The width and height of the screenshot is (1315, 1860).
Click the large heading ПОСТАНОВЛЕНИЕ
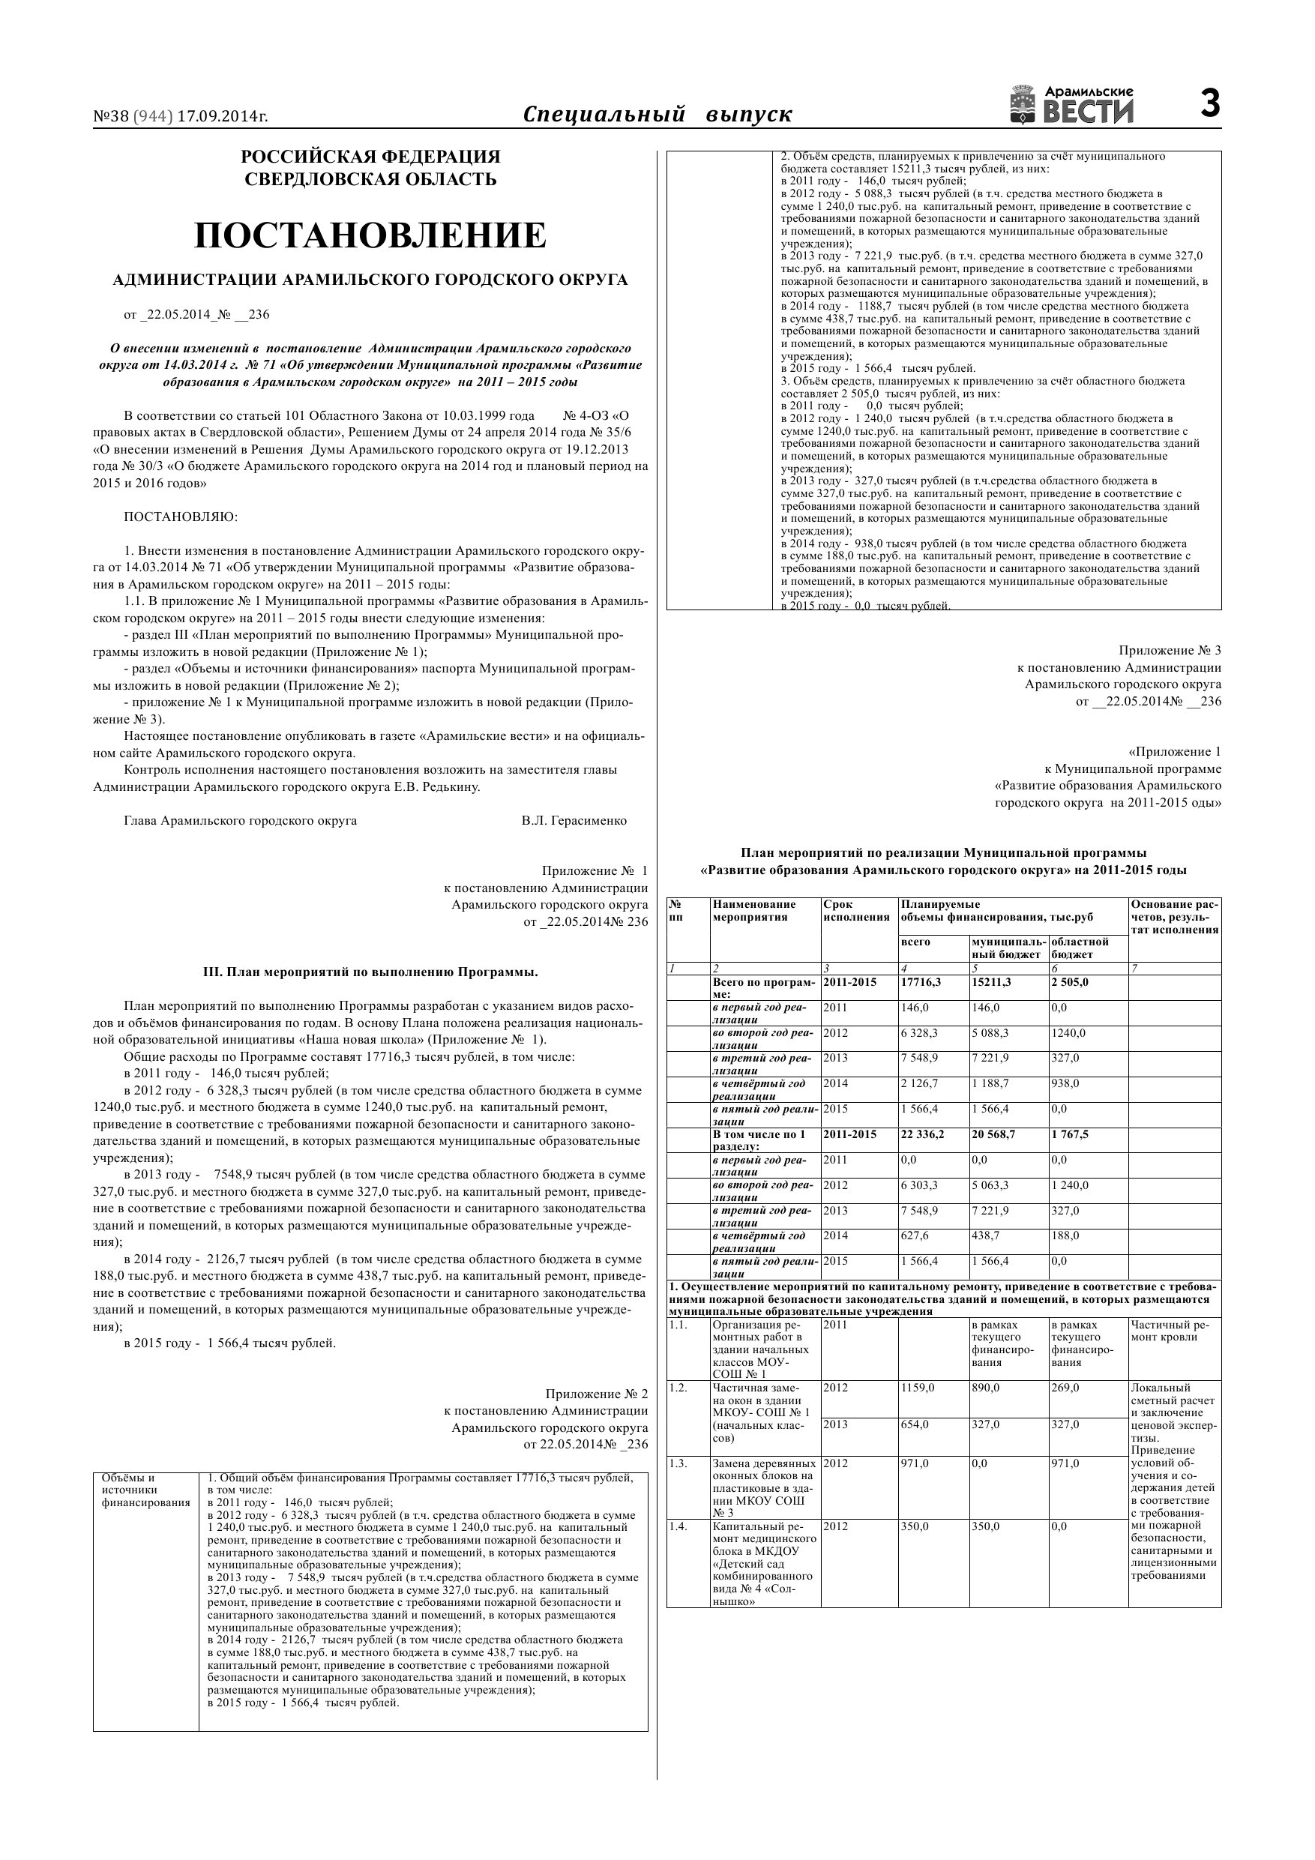(x=370, y=235)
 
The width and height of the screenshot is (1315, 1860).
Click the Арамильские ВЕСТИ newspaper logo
(x=1071, y=105)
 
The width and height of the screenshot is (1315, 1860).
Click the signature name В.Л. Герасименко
(x=574, y=821)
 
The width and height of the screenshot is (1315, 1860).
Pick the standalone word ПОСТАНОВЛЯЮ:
(x=181, y=517)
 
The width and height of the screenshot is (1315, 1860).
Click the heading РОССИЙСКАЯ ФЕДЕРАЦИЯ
(x=370, y=157)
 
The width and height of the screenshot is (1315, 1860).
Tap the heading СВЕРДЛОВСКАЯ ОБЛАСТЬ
(x=370, y=179)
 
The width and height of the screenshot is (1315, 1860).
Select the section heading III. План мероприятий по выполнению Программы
(x=370, y=972)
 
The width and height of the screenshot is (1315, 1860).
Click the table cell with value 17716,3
(x=921, y=983)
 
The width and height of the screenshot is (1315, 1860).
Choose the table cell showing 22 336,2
(x=922, y=1134)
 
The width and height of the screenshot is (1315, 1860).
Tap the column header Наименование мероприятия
(x=753, y=911)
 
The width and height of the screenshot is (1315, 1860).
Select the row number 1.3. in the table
(x=678, y=1464)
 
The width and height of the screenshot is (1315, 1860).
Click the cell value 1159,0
(x=917, y=1388)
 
